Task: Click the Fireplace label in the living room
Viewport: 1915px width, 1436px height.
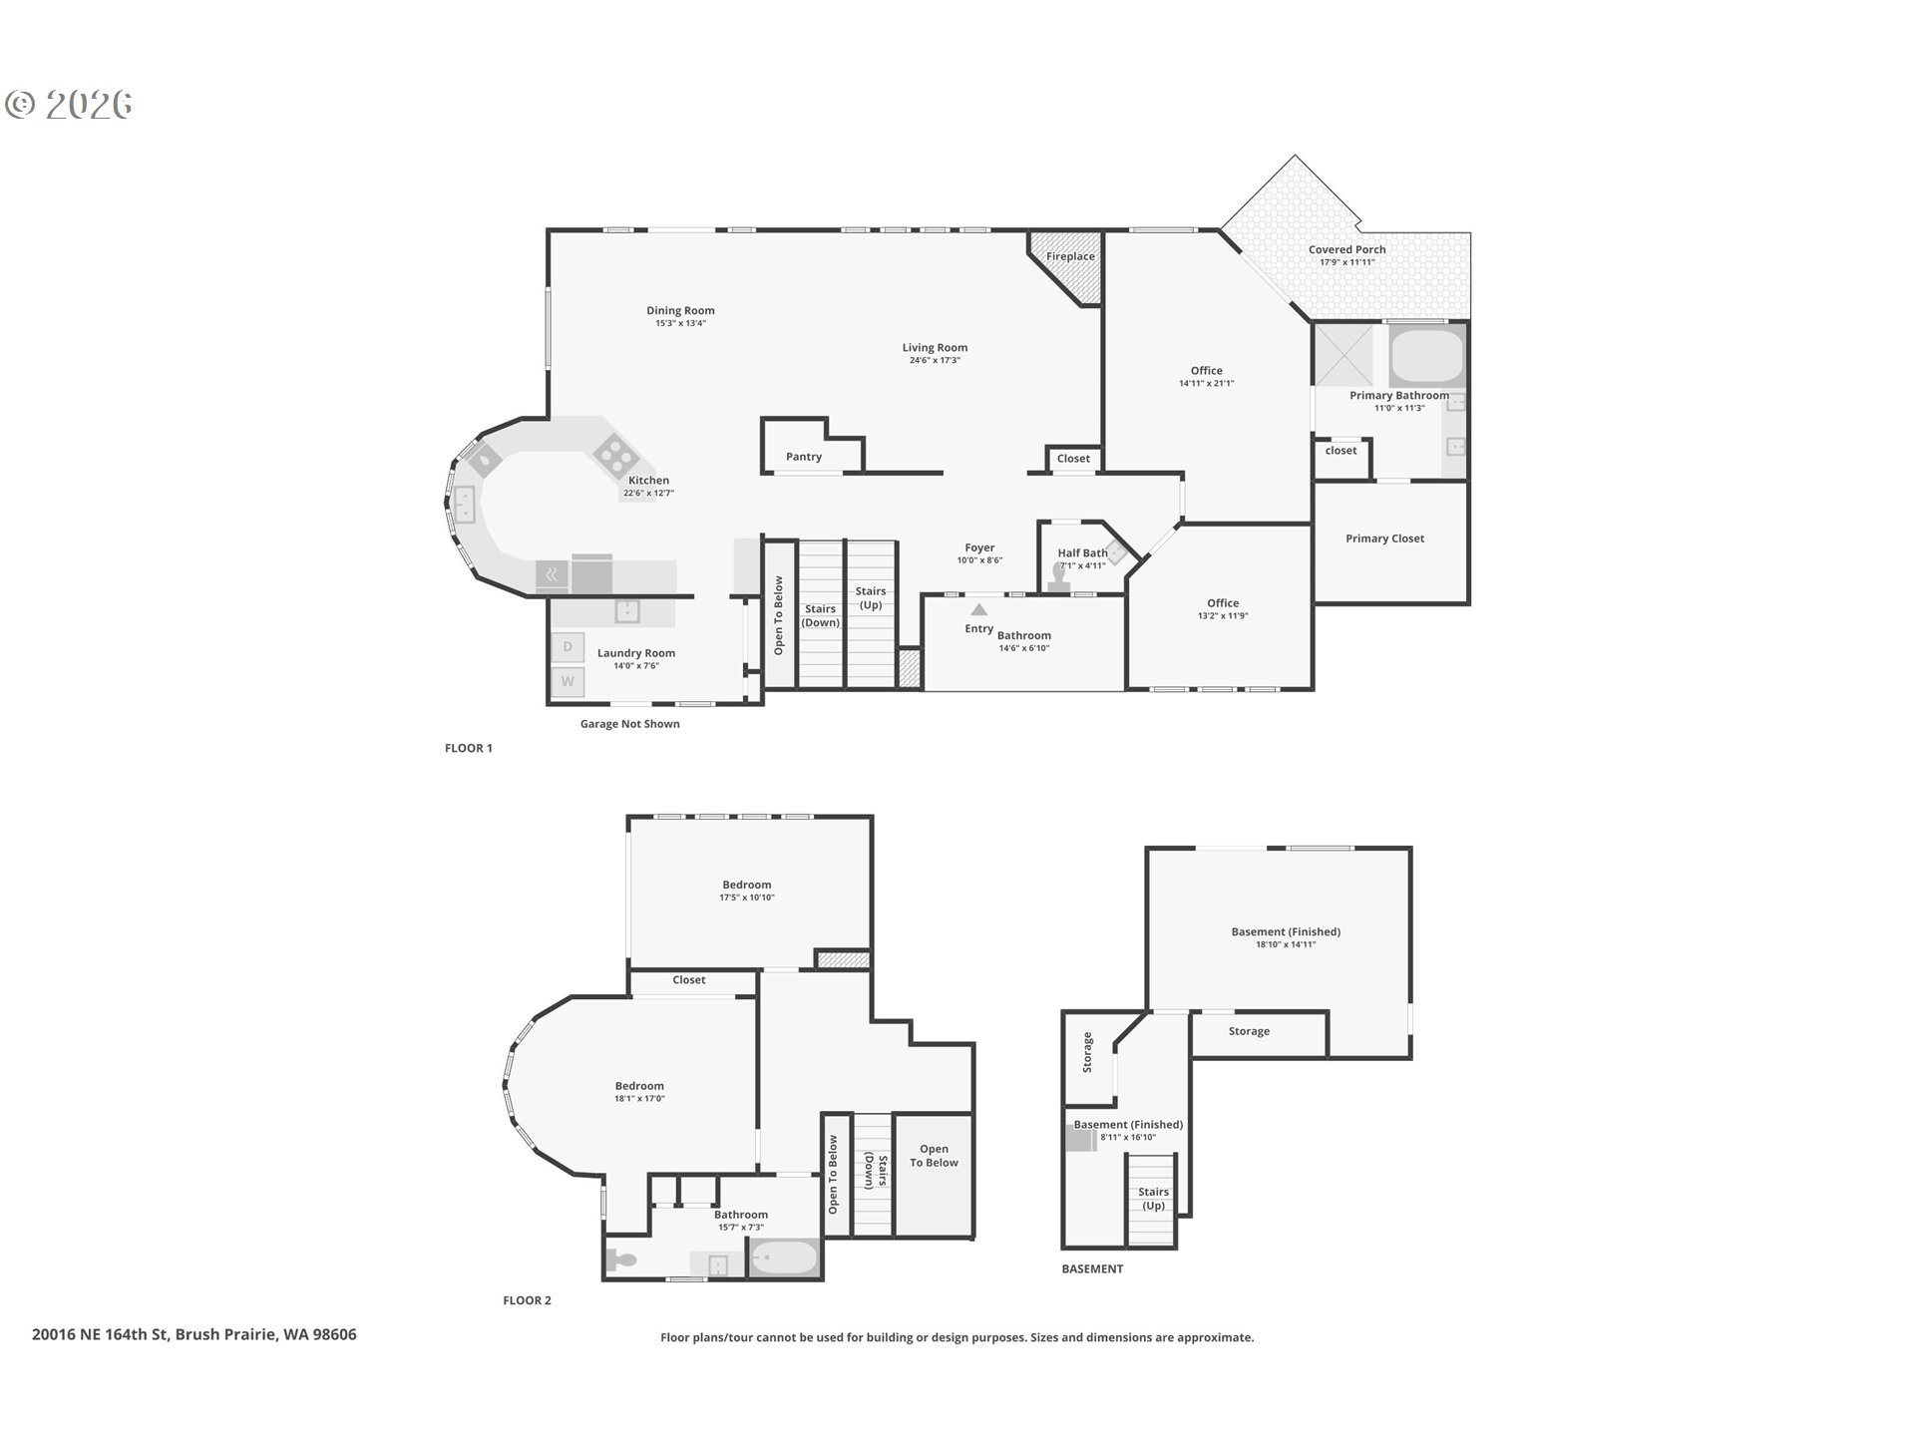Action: (x=1070, y=256)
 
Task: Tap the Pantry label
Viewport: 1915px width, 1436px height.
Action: (x=804, y=457)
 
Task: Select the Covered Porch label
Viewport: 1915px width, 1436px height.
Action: (x=1346, y=249)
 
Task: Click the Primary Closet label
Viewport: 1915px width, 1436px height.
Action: (x=1384, y=538)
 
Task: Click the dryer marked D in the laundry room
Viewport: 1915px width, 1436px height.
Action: (x=568, y=646)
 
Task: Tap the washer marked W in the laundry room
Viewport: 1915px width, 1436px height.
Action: (x=568, y=682)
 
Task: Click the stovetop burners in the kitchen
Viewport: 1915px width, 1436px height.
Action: (x=616, y=457)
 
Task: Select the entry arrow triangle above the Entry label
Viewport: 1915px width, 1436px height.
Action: (x=979, y=609)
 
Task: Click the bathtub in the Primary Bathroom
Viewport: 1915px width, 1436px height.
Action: (x=1427, y=356)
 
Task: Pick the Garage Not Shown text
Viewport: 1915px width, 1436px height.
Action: (x=630, y=724)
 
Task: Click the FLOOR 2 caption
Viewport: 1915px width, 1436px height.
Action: (x=527, y=1300)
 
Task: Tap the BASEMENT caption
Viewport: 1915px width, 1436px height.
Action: (x=1092, y=1269)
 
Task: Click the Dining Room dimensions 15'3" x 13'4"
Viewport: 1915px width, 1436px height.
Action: (x=680, y=323)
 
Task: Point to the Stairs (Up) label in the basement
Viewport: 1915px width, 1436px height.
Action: (x=1153, y=1199)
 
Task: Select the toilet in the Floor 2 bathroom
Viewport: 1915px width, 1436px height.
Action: (x=622, y=1260)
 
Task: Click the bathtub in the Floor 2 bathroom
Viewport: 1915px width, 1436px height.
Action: (x=784, y=1258)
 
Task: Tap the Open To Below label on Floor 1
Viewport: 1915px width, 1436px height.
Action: (x=779, y=615)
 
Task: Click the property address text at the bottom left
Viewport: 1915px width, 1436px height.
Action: (x=193, y=1334)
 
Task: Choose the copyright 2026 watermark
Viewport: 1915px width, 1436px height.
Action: (x=69, y=105)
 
